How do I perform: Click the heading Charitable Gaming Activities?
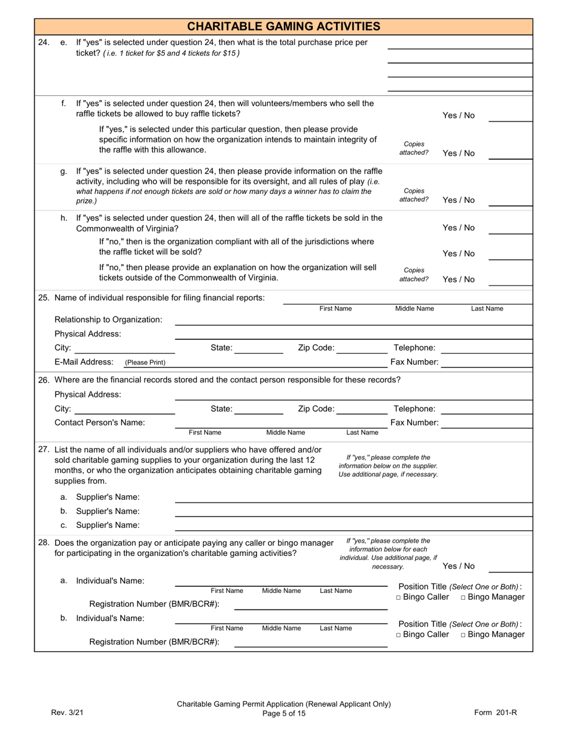point(283,26)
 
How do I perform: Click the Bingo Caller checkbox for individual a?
point(399,598)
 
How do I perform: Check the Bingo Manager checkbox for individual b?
point(463,635)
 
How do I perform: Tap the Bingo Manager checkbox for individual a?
point(463,598)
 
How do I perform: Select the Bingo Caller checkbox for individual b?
point(399,635)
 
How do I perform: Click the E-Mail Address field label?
point(84,362)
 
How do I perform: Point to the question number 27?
point(44,450)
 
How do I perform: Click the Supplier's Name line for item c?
point(353,525)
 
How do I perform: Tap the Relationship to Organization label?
point(108,320)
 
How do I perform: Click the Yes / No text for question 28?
point(459,566)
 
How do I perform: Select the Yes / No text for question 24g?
point(459,200)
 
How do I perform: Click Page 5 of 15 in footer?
point(283,713)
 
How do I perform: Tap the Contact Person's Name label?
point(99,422)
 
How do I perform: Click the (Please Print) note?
point(145,363)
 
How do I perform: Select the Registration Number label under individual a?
point(154,604)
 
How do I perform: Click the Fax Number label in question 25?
point(414,362)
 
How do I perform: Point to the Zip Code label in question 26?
point(316,409)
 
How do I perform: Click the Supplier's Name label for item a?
point(108,497)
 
